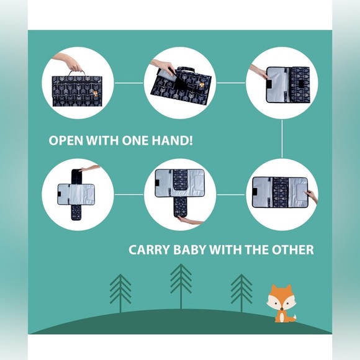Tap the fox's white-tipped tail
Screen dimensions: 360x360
click(x=292, y=318)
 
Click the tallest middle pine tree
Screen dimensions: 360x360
click(x=181, y=287)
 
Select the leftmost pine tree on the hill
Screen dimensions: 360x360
click(x=120, y=293)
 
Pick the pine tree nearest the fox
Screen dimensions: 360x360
click(x=241, y=293)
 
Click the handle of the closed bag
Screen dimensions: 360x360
click(x=76, y=72)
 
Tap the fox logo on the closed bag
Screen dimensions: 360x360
click(x=95, y=94)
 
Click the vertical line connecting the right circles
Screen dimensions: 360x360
click(x=282, y=138)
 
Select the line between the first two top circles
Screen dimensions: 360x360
click(x=129, y=83)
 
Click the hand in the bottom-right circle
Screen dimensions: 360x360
click(x=312, y=196)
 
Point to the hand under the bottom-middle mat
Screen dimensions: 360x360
click(x=191, y=220)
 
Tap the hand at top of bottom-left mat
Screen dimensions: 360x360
click(x=90, y=168)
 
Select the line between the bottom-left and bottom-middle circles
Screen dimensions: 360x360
click(x=129, y=194)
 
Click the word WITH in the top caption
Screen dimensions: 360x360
click(x=102, y=140)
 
